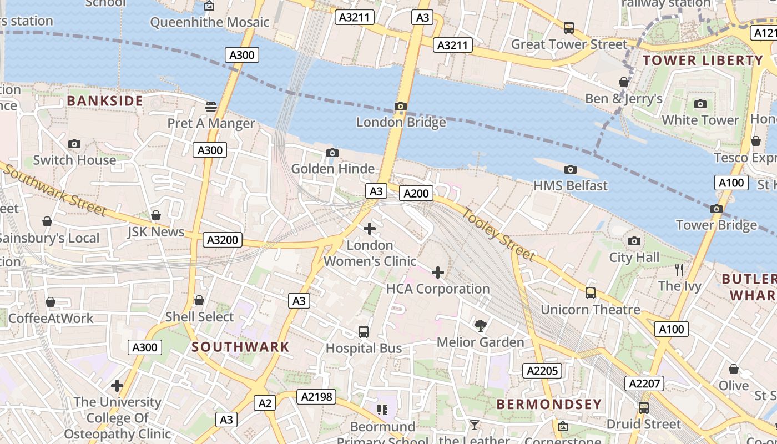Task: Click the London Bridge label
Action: (401, 122)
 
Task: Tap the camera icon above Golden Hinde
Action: (332, 153)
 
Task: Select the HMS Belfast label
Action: (570, 185)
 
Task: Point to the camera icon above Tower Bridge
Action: (717, 209)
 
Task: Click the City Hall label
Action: (634, 257)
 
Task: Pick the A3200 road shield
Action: (223, 240)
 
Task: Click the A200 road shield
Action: (416, 193)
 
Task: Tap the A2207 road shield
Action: (645, 383)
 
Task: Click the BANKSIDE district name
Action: (105, 101)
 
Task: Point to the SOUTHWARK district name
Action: (240, 347)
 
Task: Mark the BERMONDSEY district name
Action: (548, 404)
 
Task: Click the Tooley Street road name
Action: (498, 234)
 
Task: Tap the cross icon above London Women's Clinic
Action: (369, 228)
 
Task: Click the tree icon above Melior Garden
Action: (480, 326)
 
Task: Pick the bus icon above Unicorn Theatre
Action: (591, 292)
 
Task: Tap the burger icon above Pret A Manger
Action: (210, 107)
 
